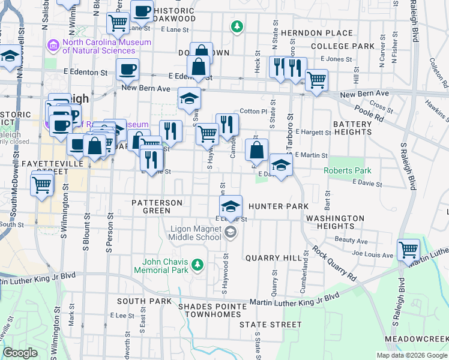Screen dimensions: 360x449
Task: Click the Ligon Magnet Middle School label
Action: (196, 233)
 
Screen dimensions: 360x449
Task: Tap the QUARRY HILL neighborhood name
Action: (273, 257)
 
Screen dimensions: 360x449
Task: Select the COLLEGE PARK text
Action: (342, 46)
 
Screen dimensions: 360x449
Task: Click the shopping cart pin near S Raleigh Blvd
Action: (408, 249)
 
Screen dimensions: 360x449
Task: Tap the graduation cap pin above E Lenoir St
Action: (230, 208)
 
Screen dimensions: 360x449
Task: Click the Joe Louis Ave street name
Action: (372, 254)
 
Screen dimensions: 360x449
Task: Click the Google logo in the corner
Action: (20, 352)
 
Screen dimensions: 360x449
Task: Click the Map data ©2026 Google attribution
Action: (411, 355)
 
